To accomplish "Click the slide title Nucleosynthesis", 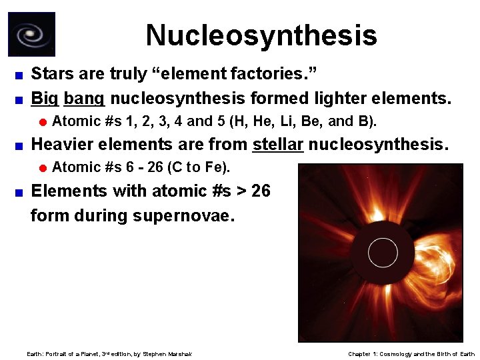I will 261,35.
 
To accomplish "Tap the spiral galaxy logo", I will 31,34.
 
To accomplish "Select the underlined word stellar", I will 277,143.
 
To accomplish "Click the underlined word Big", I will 45,99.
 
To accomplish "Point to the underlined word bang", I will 84,99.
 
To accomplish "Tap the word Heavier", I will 63,143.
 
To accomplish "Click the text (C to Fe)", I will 201,167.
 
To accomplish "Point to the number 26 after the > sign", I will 261,191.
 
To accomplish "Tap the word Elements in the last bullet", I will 69,191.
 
